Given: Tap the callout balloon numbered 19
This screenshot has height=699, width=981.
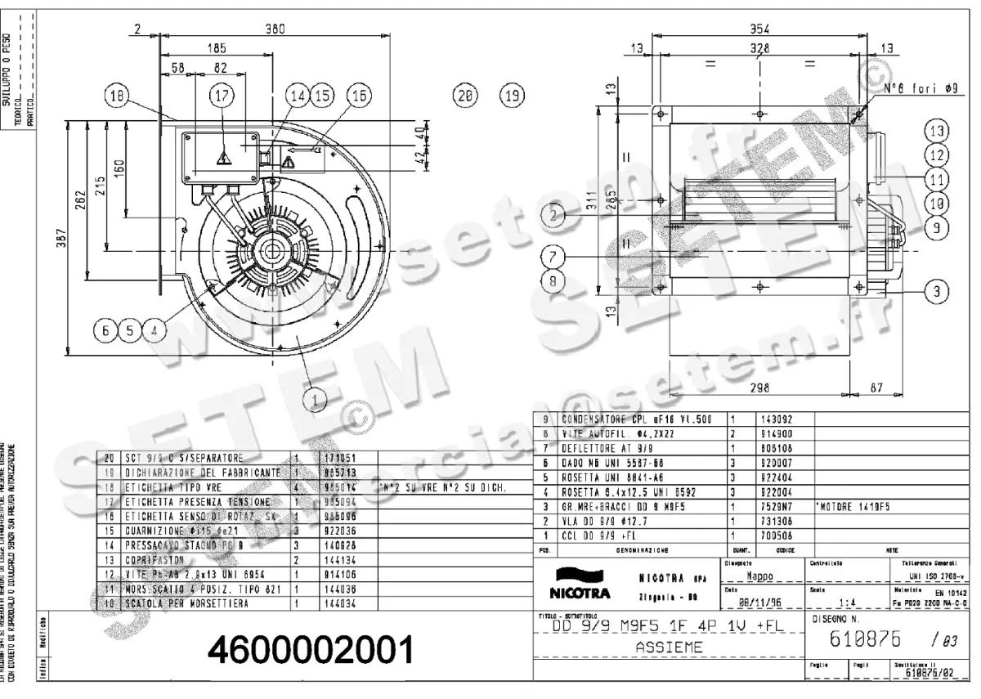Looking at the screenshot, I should coord(513,96).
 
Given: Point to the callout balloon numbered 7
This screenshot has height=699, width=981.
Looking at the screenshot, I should coord(553,257).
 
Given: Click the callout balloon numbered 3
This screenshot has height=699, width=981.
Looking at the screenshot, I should coord(937,290).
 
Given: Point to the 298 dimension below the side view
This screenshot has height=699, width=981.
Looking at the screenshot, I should coord(761,388).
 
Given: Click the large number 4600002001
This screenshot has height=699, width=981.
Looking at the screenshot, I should coord(310,652).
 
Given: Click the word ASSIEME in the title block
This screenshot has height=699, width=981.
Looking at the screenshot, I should coord(668,647).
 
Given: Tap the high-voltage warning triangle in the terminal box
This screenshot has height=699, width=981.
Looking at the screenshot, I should coord(222,158).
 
